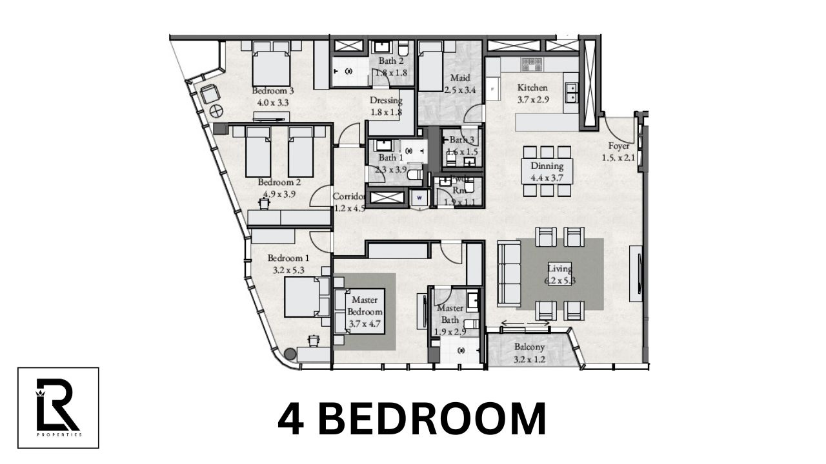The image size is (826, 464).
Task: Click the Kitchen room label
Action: pyautogui.click(x=532, y=88)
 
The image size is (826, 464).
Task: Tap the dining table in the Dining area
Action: pyautogui.click(x=547, y=171)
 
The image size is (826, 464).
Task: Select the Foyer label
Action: pyautogui.click(x=619, y=146)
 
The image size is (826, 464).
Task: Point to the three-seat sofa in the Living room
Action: pyautogui.click(x=509, y=273)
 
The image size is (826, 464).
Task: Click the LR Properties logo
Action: pyautogui.click(x=58, y=407)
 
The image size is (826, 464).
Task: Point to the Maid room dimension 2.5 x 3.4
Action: pyautogui.click(x=459, y=90)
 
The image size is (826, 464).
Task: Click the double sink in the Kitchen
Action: pyautogui.click(x=570, y=93)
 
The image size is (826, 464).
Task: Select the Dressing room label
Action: pyautogui.click(x=386, y=101)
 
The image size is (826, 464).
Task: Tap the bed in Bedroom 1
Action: pyautogui.click(x=303, y=296)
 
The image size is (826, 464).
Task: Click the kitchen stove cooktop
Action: pyautogui.click(x=531, y=64)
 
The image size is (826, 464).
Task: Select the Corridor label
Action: pyautogui.click(x=349, y=197)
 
